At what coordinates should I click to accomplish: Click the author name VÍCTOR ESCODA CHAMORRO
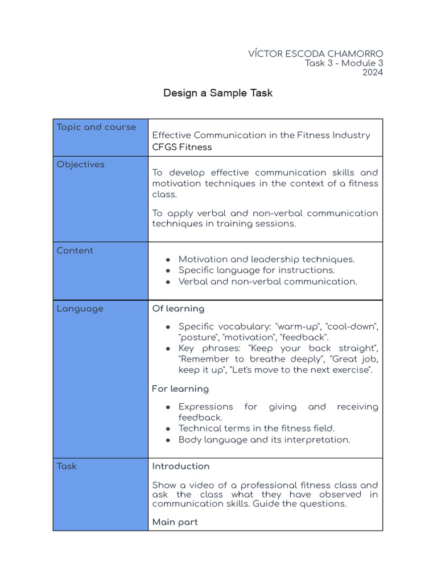315,54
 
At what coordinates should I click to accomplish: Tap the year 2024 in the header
372,72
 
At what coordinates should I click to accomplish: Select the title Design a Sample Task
218,93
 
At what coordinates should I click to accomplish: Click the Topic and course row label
96,127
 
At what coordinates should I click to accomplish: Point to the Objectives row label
81,164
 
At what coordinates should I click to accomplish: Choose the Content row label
75,251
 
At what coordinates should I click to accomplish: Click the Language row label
80,309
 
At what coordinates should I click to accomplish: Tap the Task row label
67,466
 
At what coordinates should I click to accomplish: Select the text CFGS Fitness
182,147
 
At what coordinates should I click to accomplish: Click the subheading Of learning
178,309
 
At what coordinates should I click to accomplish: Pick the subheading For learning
180,389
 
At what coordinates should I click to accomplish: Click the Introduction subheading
180,466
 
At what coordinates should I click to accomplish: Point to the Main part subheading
175,522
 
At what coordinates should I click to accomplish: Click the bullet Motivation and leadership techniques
266,259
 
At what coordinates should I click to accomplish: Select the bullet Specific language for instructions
257,270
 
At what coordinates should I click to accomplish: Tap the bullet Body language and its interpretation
264,440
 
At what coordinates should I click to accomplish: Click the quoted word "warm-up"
295,326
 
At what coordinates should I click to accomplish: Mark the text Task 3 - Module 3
344,63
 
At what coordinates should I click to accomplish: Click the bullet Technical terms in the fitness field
257,428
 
